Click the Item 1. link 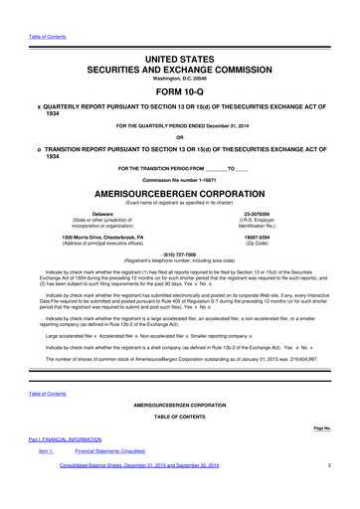(45, 451)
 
